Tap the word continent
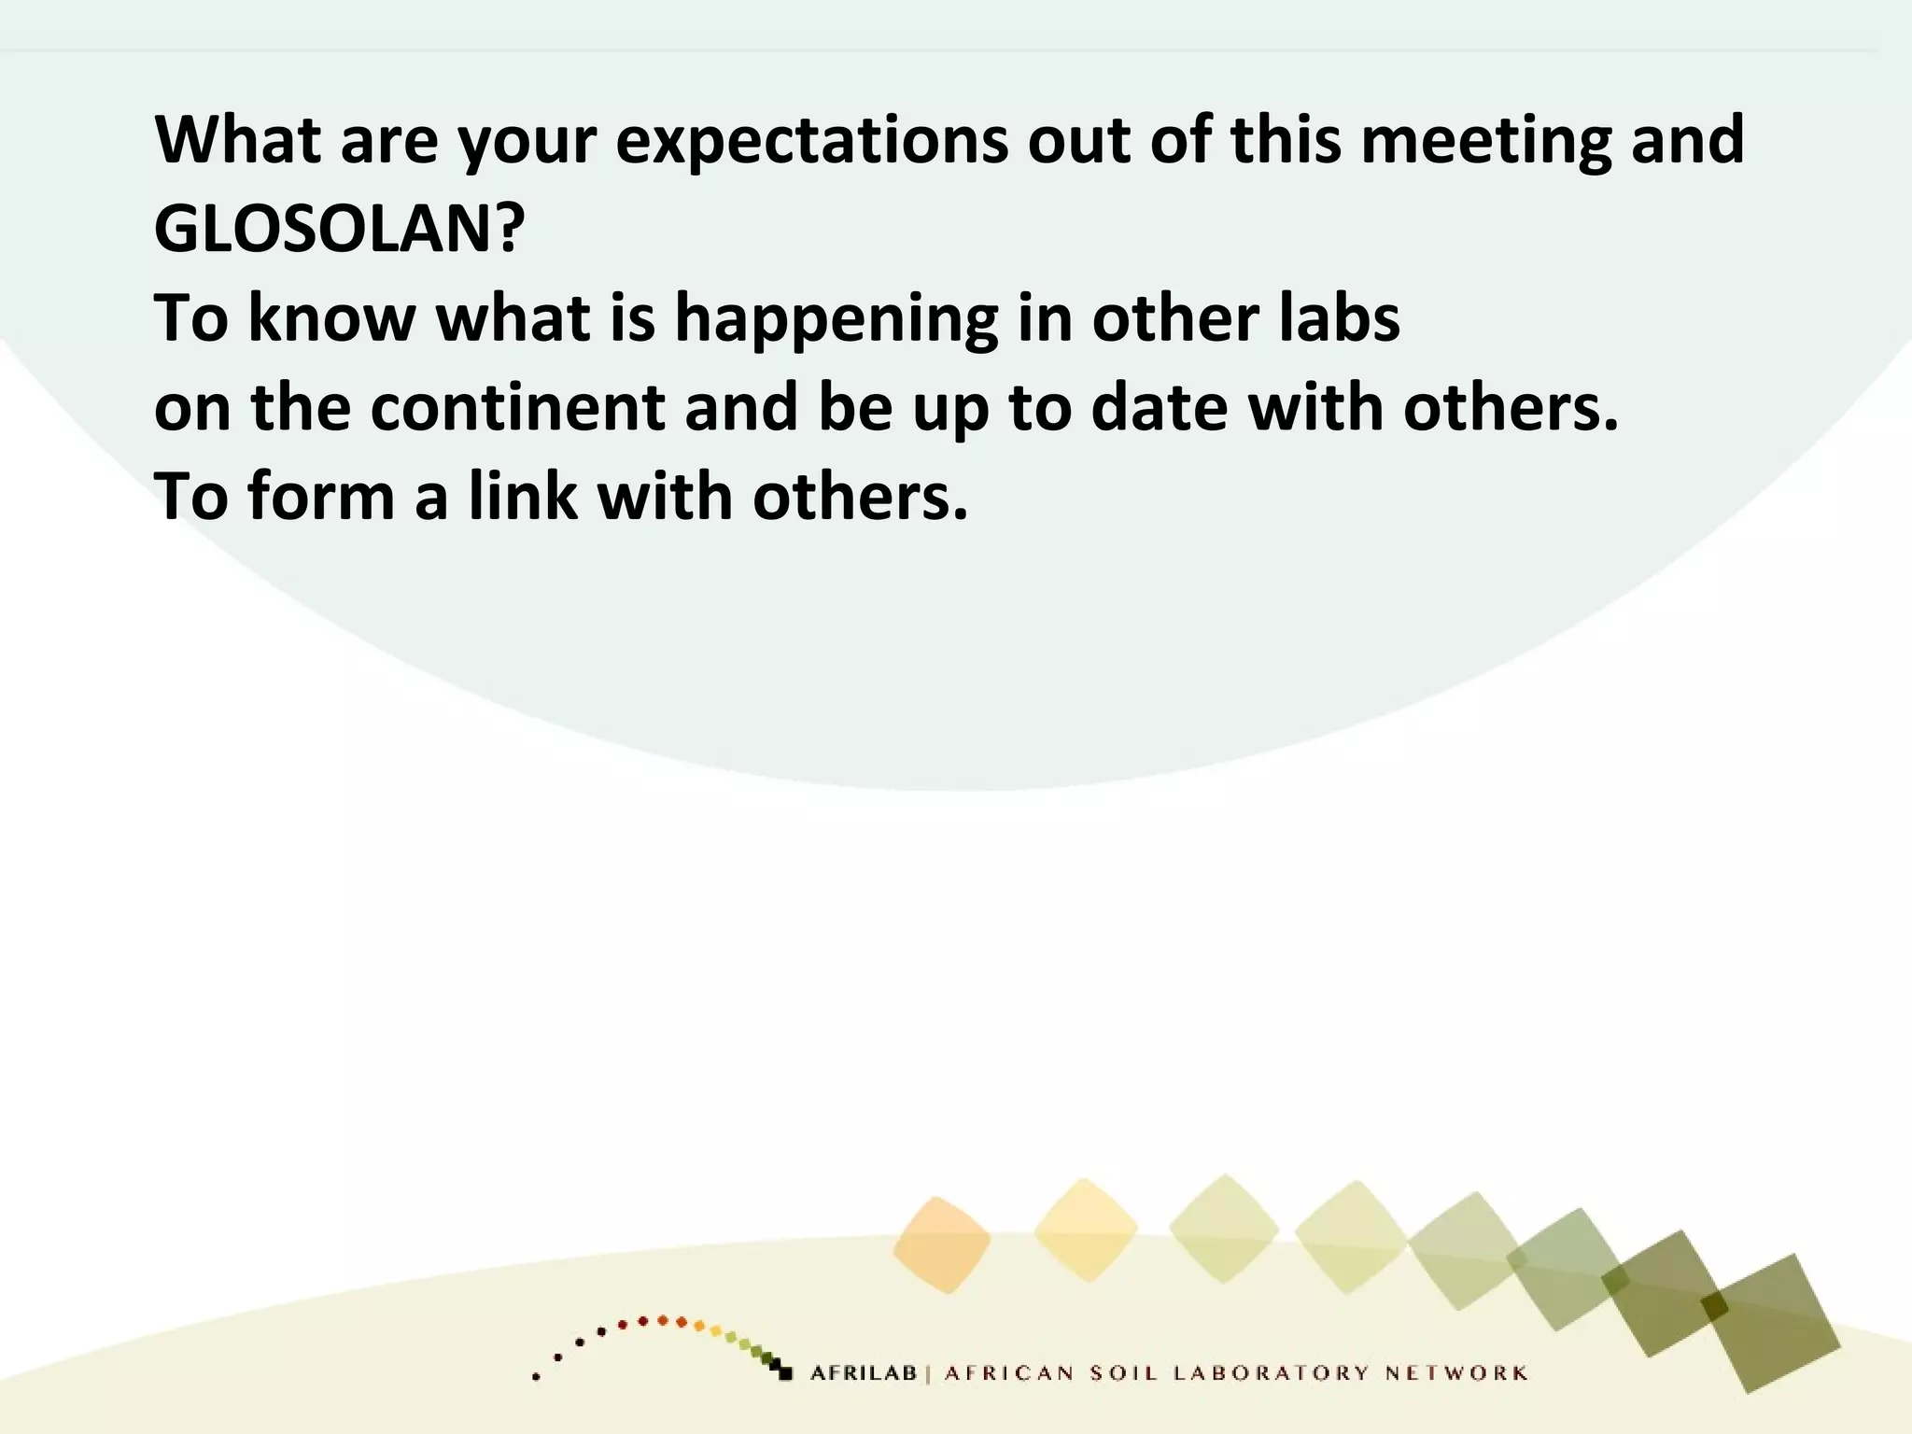517,408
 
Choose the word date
1159,408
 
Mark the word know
331,317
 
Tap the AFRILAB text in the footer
864,1373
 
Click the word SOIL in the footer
1124,1373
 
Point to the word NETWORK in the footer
1456,1373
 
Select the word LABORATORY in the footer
1272,1373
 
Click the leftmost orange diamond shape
941,1244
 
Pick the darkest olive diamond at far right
1770,1322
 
